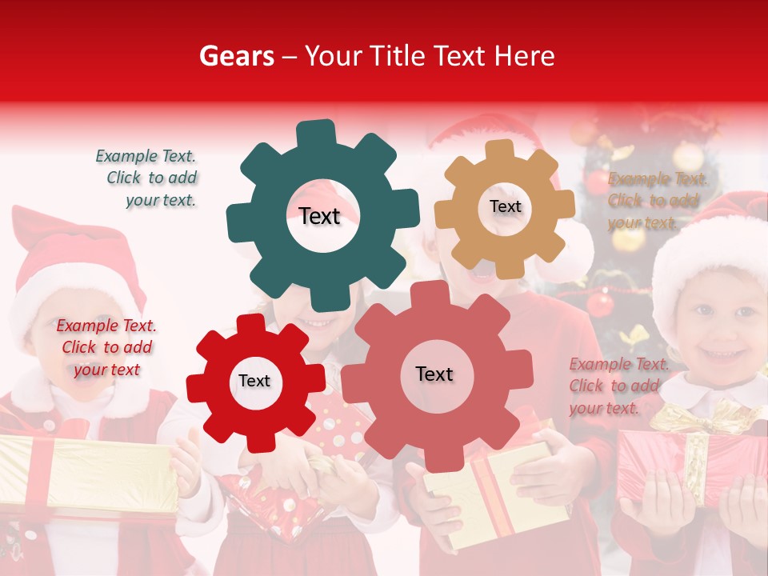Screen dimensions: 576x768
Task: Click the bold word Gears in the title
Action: [237, 56]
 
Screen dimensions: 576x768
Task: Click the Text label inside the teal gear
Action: [319, 216]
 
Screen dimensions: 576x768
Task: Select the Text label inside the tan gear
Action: [505, 206]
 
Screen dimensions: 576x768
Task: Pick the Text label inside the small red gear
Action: [254, 381]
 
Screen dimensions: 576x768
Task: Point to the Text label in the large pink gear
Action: [434, 374]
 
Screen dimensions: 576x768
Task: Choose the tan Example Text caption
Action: [656, 201]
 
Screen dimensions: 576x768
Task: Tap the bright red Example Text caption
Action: [106, 347]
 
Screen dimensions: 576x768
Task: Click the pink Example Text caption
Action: [618, 386]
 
